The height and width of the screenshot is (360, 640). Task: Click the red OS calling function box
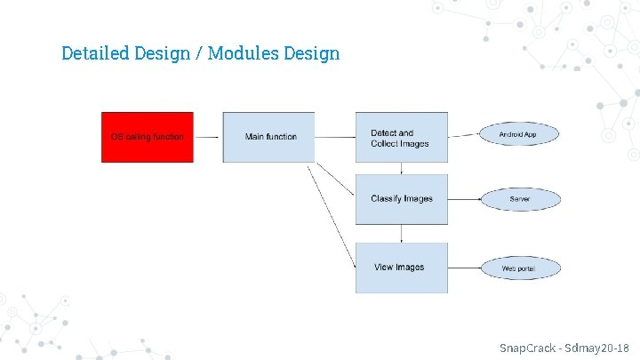coord(147,137)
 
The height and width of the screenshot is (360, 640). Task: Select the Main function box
coord(268,137)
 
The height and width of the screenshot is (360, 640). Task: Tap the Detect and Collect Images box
coord(402,137)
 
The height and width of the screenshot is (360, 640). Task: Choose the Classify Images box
coord(402,198)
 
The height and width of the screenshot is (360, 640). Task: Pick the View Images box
coord(402,268)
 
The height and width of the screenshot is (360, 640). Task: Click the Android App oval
coord(517,134)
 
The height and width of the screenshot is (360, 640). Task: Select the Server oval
coord(520,199)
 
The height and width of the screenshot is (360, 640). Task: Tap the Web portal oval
coord(520,268)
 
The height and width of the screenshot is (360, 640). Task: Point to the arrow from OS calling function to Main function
coord(207,137)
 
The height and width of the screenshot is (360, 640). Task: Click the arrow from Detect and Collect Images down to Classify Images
coord(402,168)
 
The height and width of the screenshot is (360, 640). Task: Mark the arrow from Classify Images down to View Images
coord(402,234)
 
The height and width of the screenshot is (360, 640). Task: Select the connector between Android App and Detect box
coord(464,135)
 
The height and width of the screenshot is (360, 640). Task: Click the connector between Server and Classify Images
coord(464,199)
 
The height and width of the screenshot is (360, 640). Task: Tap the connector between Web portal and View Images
coord(464,268)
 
